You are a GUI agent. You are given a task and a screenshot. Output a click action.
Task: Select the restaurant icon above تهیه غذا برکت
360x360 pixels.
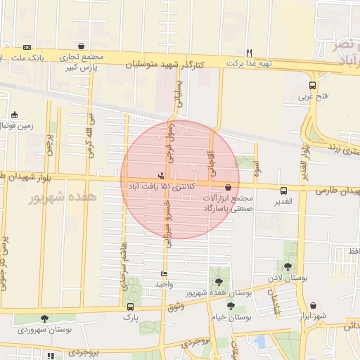[249, 52]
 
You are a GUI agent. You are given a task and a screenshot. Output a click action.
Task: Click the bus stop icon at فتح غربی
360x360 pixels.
[312, 86]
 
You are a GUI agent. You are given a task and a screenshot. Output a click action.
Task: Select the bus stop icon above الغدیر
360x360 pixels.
[283, 191]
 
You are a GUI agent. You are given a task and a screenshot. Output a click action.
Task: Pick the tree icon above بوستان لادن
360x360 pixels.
[288, 266]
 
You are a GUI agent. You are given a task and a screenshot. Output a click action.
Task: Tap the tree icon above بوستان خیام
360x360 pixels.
[231, 306]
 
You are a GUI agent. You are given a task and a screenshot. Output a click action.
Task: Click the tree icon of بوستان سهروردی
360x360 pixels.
[45, 319]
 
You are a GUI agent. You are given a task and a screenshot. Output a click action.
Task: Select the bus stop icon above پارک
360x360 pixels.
[130, 307]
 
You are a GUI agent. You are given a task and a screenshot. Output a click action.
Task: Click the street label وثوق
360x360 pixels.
[176, 306]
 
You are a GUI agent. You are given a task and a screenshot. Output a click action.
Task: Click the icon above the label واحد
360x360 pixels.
[164, 274]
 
